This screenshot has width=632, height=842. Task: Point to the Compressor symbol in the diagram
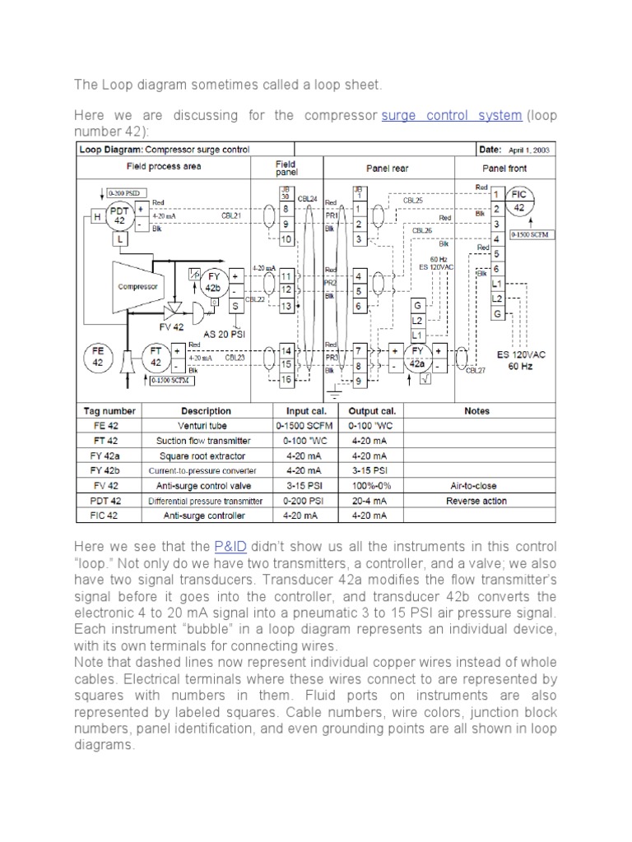coord(137,287)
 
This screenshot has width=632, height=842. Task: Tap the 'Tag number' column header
coord(109,410)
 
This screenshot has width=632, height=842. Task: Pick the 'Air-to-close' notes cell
coord(476,485)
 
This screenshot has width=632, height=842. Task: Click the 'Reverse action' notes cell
coord(476,501)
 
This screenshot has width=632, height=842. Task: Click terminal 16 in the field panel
coord(286,381)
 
